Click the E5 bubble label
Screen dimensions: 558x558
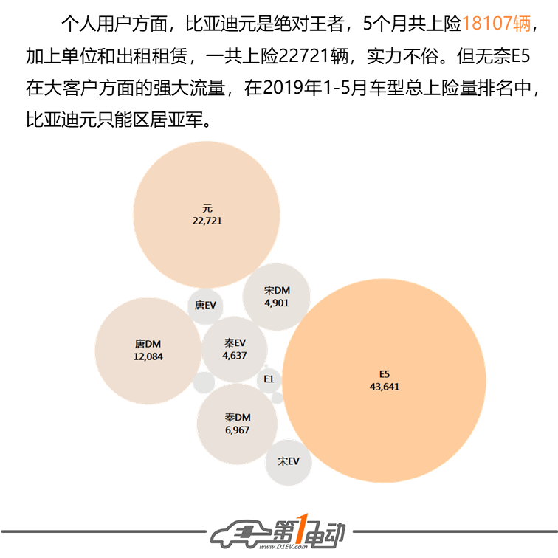coord(385,374)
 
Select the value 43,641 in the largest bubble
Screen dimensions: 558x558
coord(385,387)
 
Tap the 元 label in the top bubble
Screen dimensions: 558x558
coord(207,209)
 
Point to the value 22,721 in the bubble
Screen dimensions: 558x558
coord(207,221)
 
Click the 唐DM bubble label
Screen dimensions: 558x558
coord(148,344)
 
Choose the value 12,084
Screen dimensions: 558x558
coord(148,356)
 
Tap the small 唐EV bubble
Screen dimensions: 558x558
coord(205,306)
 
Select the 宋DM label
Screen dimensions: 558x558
coord(277,291)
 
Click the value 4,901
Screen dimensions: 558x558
coord(277,303)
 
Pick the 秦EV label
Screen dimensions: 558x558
coord(235,343)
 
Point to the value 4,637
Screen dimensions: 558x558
coord(235,356)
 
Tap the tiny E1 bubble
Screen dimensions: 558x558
coord(269,379)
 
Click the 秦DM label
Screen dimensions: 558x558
coord(238,418)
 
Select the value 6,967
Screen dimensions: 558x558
coord(238,430)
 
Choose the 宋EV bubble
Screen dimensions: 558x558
coord(289,462)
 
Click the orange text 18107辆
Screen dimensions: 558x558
coord(496,24)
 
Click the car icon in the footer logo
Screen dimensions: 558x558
coord(241,533)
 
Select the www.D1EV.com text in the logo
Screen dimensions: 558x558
coord(283,547)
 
